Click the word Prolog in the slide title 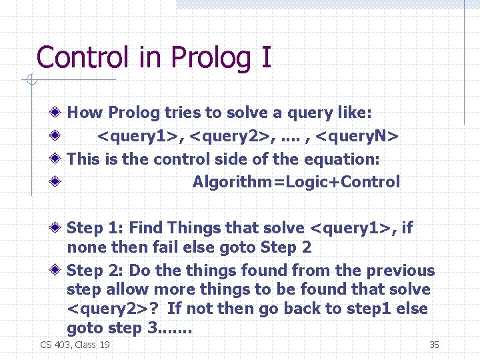[207, 57]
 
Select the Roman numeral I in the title [267, 57]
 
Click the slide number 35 [434, 345]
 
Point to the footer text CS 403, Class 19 [75, 345]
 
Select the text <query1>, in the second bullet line [141, 137]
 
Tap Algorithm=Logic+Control [296, 182]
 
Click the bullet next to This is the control [59, 159]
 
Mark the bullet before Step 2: [59, 271]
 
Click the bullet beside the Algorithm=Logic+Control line [59, 182]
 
